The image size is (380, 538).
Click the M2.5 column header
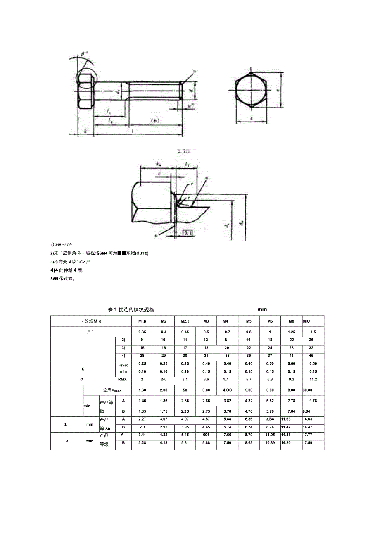tap(185, 321)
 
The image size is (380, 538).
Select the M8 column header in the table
tap(292, 321)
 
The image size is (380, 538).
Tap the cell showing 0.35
tap(142, 332)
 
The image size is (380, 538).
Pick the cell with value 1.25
tap(292, 332)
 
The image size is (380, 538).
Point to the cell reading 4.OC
tap(227, 390)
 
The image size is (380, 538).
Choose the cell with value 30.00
tap(307, 390)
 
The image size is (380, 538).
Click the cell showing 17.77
tap(307, 435)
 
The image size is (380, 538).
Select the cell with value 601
tap(206, 435)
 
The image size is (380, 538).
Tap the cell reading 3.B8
tap(270, 419)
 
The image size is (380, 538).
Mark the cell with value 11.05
tap(270, 435)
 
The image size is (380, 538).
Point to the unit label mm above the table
tap(262, 310)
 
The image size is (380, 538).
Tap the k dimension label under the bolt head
tap(85, 131)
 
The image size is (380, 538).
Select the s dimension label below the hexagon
tap(251, 118)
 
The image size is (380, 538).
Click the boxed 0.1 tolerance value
tap(188, 233)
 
